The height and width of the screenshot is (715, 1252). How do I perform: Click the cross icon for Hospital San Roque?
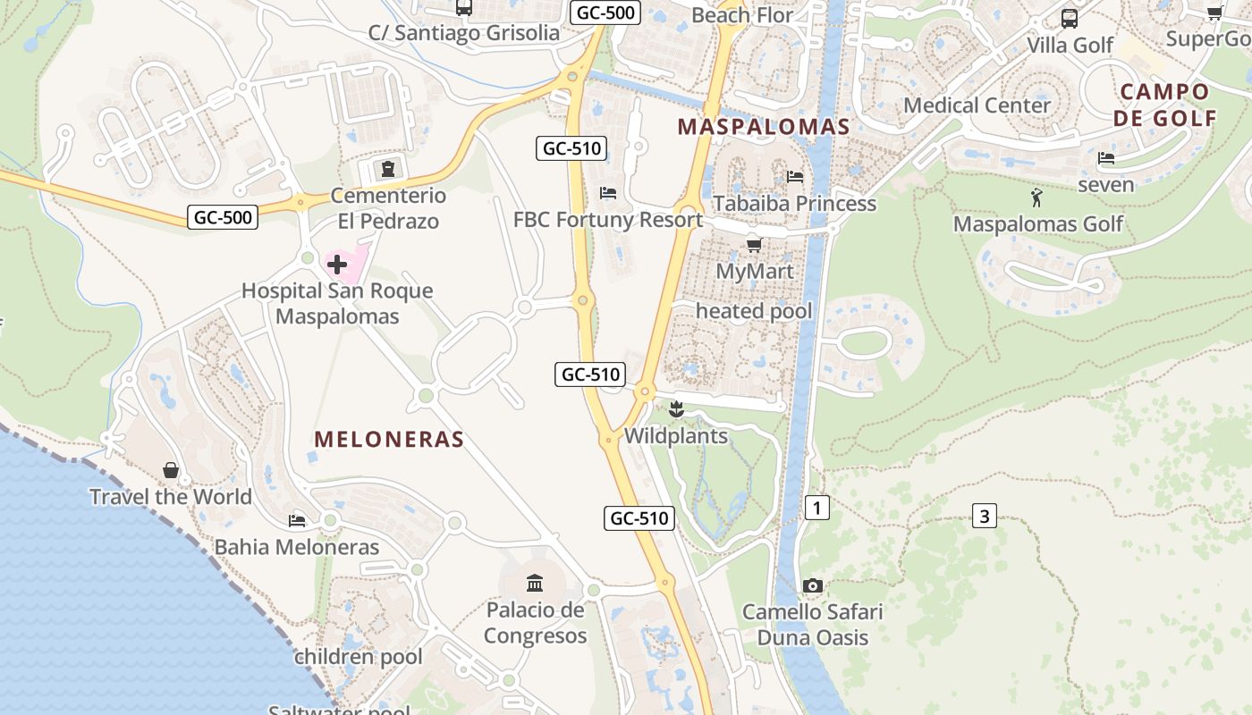(337, 265)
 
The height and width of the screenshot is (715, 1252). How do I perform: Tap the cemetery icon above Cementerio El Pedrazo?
(387, 168)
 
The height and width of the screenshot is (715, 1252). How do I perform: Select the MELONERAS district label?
(389, 439)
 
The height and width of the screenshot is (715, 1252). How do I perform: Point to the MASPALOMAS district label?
(763, 127)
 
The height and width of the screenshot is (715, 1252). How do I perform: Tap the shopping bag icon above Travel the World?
(170, 470)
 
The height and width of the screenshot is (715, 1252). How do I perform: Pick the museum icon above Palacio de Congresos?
(535, 584)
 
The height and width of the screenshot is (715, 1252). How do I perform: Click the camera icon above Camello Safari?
(812, 585)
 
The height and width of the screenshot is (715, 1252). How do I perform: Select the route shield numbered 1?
(816, 508)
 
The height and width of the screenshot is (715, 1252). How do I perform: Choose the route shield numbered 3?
(984, 516)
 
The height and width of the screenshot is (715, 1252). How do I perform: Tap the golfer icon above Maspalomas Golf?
(1036, 198)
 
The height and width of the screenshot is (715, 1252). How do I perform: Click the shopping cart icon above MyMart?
(754, 244)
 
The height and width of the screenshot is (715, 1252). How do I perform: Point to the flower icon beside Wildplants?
(676, 410)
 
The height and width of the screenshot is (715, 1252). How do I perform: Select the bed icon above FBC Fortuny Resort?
(608, 192)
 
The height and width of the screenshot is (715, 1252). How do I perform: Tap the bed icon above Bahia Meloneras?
(297, 520)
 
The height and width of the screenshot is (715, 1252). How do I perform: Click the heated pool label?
(754, 311)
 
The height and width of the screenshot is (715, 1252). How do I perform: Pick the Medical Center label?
(977, 105)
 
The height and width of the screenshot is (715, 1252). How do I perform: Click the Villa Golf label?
(1070, 45)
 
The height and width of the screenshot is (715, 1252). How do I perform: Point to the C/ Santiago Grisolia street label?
(463, 33)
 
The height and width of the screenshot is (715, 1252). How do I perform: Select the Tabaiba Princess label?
(794, 203)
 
